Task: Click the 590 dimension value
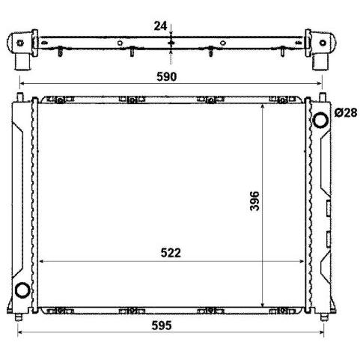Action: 166,76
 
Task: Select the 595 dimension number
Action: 162,326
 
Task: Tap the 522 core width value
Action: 171,253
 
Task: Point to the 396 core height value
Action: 254,201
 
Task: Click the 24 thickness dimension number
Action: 160,26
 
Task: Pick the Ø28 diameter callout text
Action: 346,113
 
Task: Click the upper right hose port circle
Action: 320,120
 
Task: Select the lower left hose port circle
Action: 22,290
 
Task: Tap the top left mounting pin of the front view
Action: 20,97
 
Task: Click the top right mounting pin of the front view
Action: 323,97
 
